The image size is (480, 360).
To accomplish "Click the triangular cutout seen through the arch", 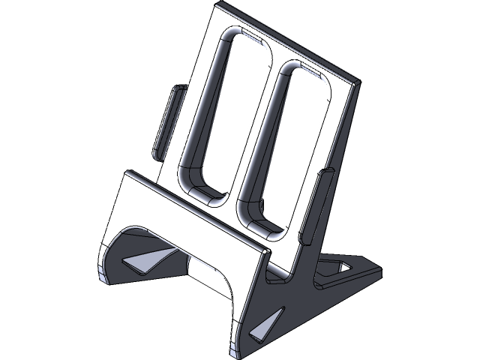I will pos(142,260).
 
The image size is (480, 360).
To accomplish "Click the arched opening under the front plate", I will pos(202,274).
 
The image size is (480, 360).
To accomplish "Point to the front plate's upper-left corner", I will pos(126,174).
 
